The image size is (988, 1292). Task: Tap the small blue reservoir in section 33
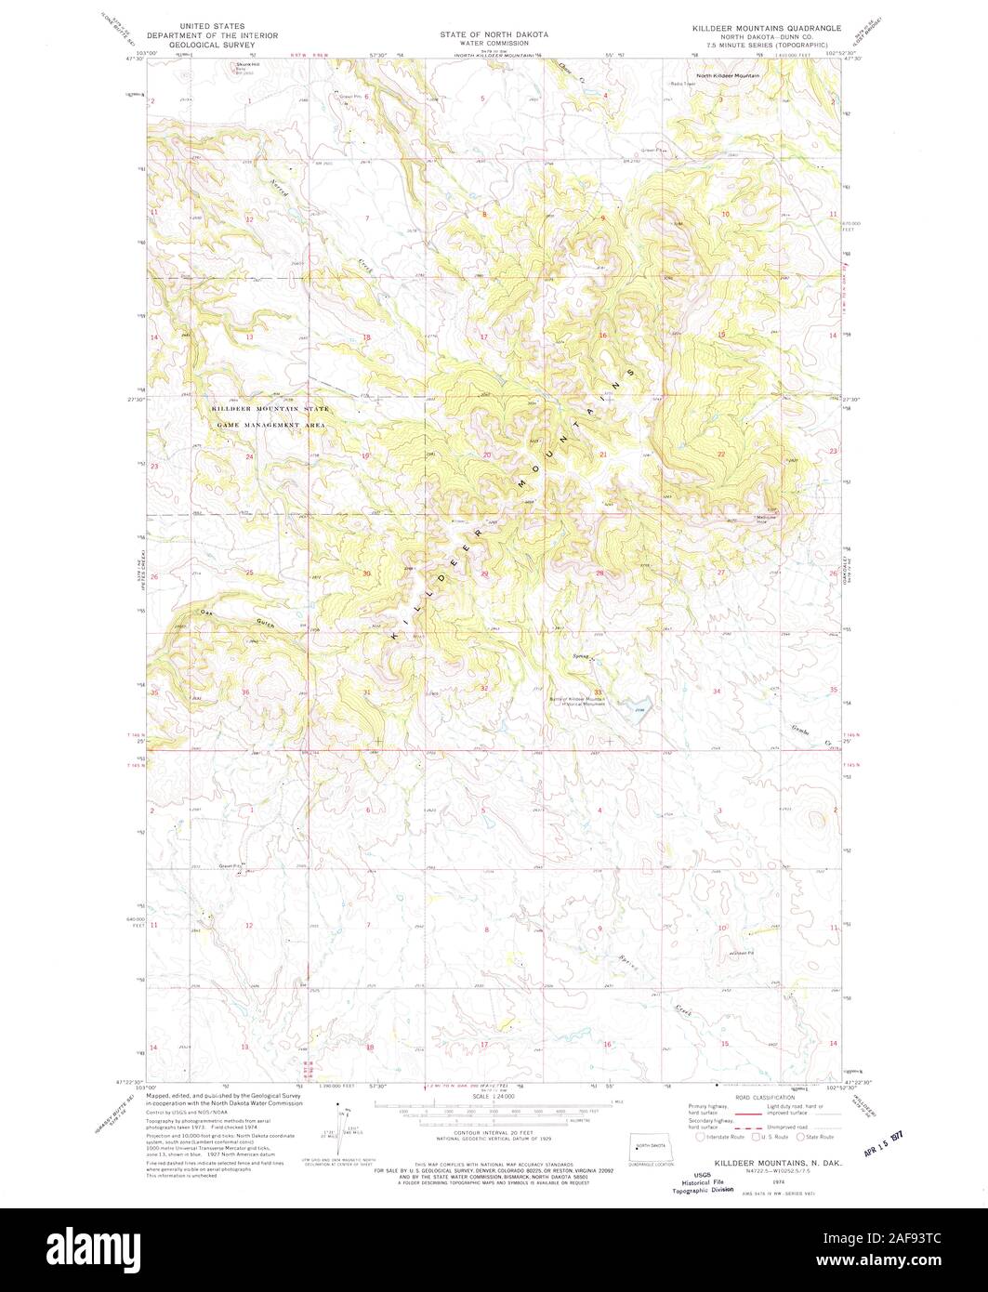click(x=640, y=711)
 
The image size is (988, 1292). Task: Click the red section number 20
click(x=486, y=455)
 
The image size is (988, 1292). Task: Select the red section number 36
click(x=245, y=692)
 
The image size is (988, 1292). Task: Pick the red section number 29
click(x=484, y=574)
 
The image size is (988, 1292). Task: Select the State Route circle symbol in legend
click(x=800, y=1136)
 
